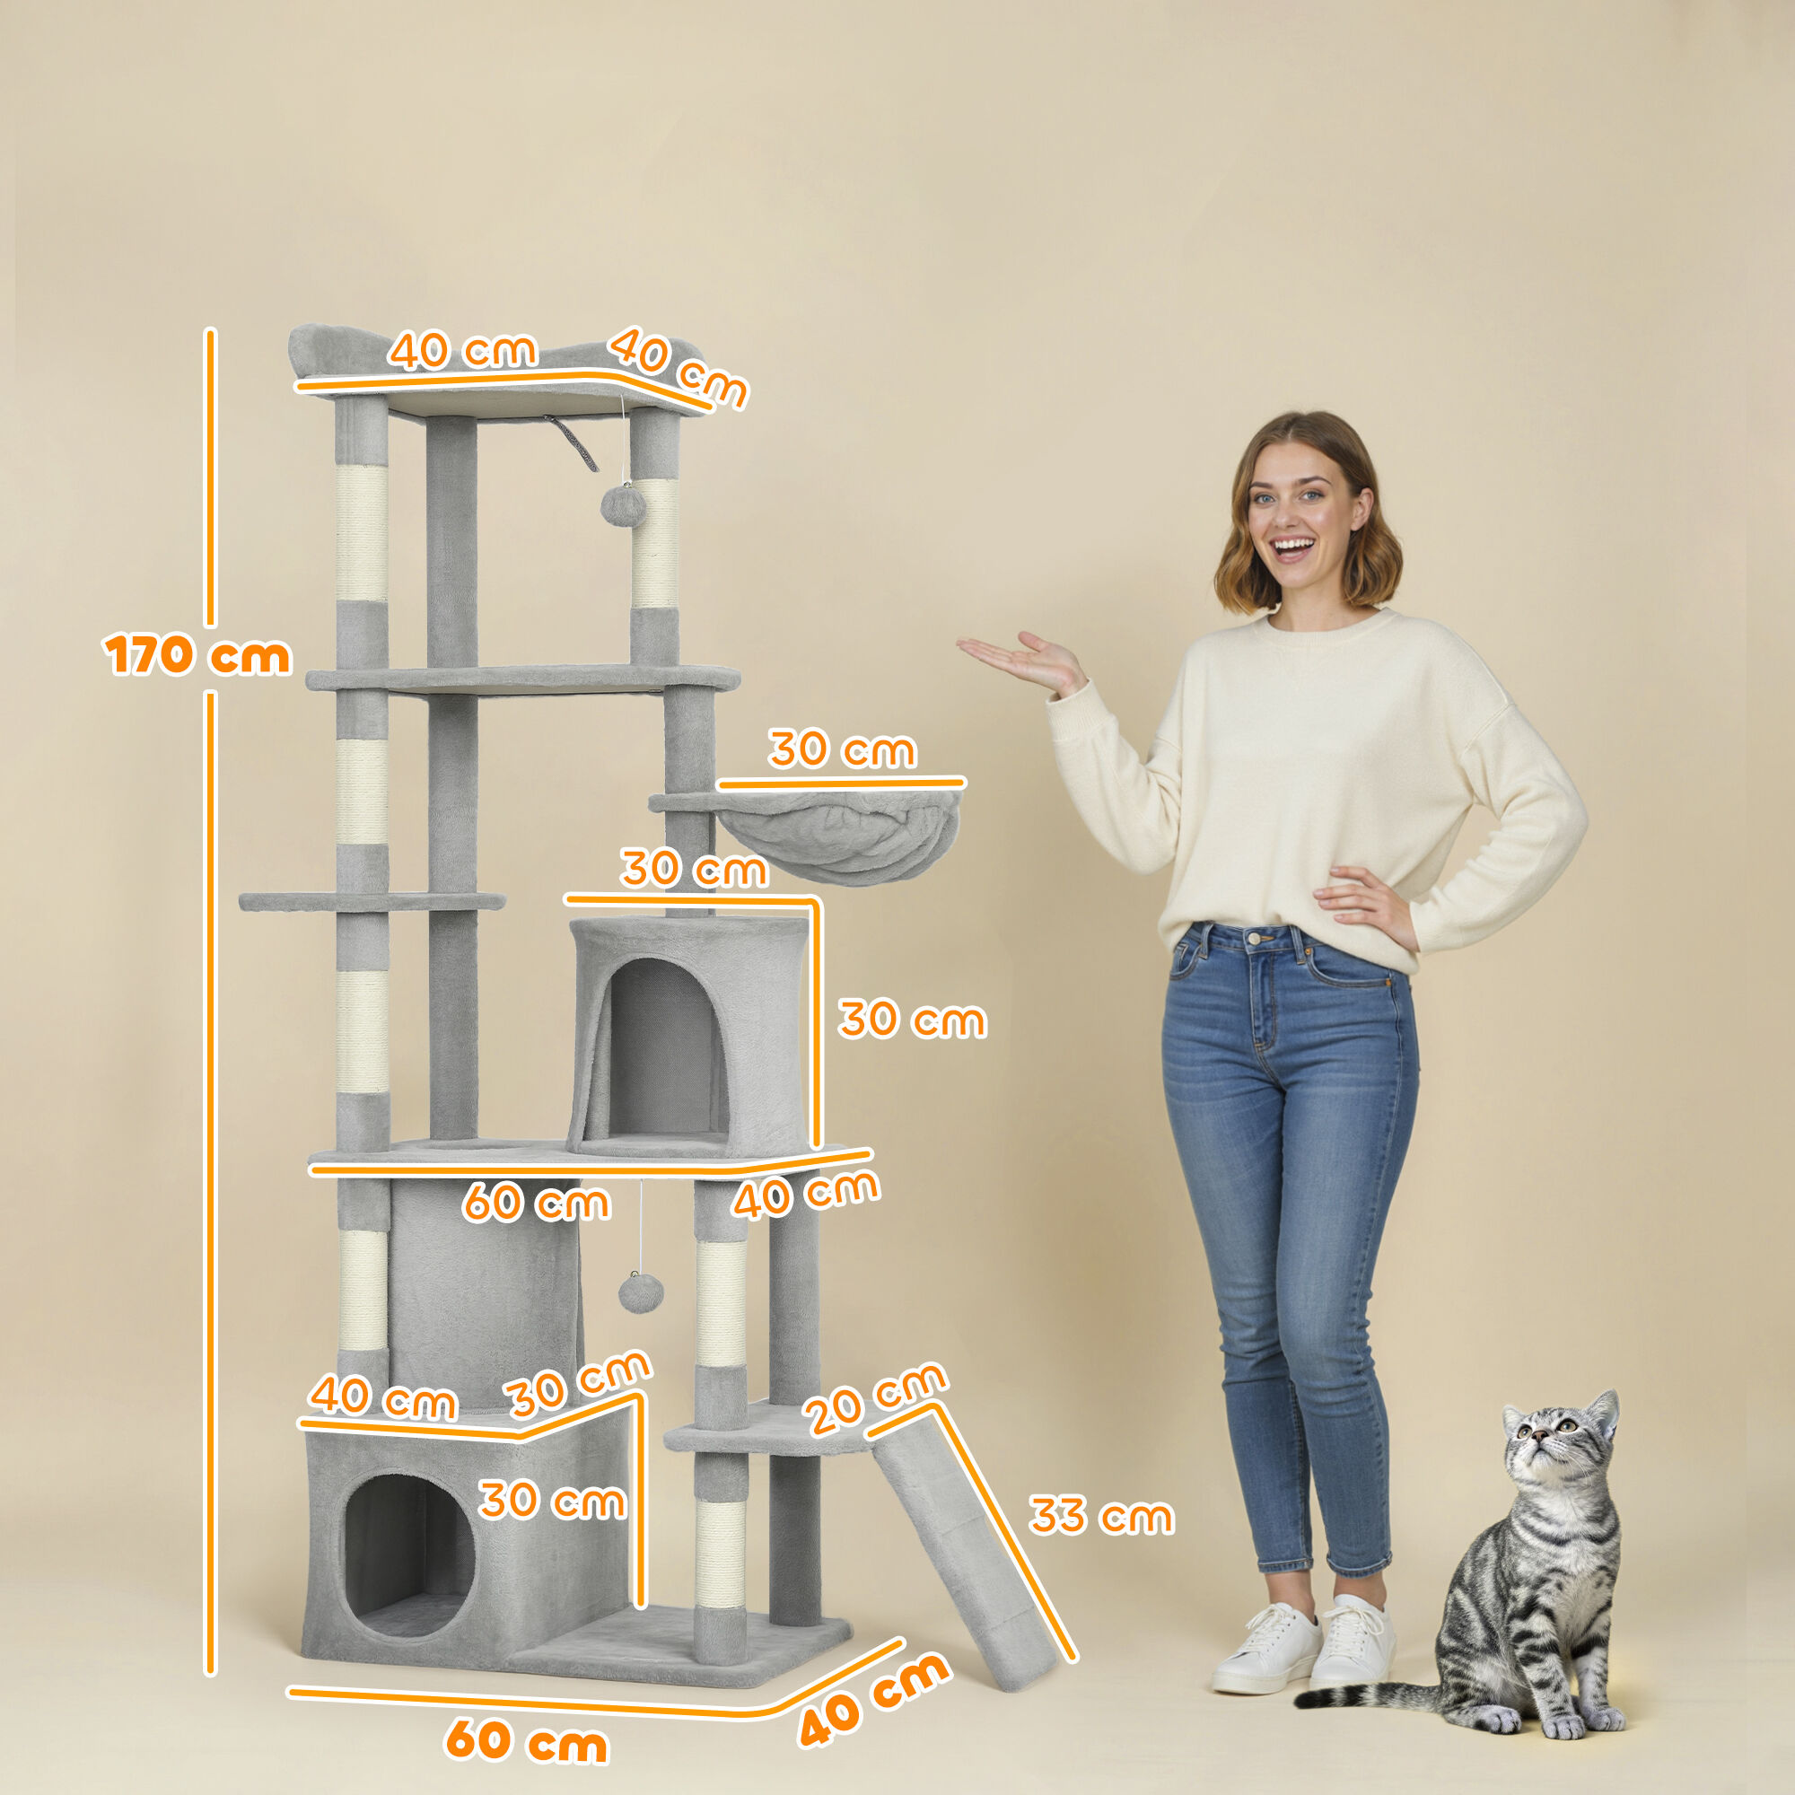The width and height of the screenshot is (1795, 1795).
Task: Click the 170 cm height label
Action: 197,656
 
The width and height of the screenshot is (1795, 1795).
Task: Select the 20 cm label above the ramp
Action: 875,1397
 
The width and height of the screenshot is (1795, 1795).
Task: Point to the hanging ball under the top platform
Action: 623,505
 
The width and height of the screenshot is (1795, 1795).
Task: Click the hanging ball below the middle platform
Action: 640,1292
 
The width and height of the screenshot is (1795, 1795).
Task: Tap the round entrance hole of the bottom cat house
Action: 408,1547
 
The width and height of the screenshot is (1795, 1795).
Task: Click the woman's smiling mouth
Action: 1292,547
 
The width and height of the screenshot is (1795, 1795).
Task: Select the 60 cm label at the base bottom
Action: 527,1739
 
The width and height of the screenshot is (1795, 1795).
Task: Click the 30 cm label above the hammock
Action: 842,749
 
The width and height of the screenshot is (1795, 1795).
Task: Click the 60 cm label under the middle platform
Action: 536,1204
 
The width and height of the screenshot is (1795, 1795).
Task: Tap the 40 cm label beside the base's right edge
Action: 873,1699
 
